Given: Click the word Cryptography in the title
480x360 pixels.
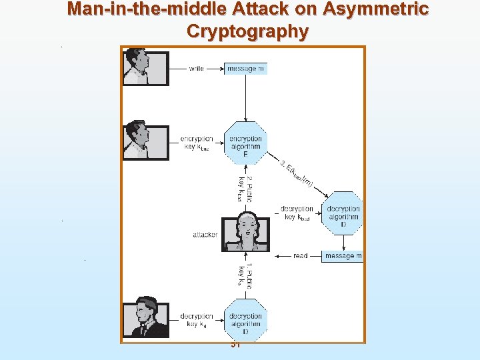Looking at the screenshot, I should click(x=247, y=31).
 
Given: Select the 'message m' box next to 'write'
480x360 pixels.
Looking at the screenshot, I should click(x=246, y=69).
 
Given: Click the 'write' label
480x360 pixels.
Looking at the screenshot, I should click(x=197, y=69).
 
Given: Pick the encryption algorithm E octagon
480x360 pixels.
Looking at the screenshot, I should click(x=246, y=143).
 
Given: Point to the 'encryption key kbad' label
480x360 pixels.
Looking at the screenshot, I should click(x=197, y=143).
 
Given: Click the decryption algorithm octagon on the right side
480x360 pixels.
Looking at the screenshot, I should click(x=343, y=213).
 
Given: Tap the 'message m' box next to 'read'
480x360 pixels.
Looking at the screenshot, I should click(x=343, y=256).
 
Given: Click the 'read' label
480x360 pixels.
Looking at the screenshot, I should click(x=300, y=256).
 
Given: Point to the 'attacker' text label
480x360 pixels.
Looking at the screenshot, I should click(x=205, y=235).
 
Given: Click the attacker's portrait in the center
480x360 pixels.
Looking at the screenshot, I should click(x=246, y=232).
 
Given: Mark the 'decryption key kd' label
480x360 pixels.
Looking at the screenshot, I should click(x=197, y=320).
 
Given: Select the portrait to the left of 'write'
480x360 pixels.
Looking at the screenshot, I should click(x=145, y=67).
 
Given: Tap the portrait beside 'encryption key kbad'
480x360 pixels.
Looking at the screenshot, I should click(x=145, y=141).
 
